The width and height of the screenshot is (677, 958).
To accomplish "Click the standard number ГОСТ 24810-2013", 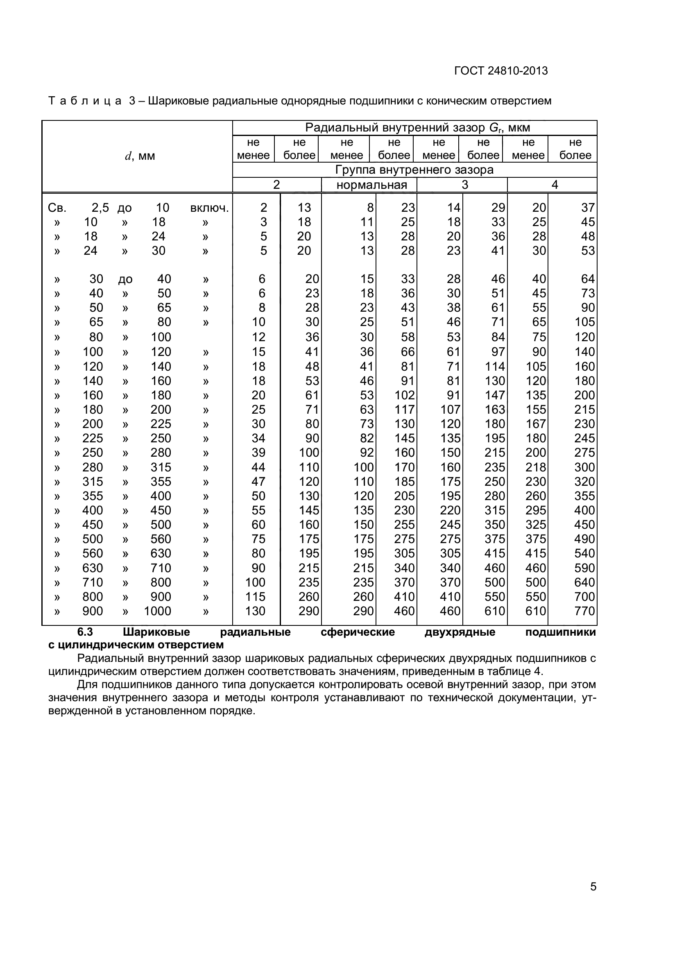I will (x=500, y=71).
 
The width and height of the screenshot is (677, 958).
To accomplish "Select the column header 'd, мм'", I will (x=140, y=156).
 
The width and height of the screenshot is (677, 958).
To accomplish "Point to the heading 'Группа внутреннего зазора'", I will (x=414, y=170).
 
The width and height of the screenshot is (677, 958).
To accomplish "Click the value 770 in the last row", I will (x=584, y=611).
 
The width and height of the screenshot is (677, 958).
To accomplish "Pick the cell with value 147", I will (x=495, y=395).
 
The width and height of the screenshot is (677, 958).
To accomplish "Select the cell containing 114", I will (x=495, y=366).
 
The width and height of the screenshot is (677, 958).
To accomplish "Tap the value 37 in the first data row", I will (x=588, y=208).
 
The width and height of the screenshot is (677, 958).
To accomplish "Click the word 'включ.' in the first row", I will (x=209, y=208).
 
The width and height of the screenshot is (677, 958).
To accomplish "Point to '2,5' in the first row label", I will (x=100, y=208).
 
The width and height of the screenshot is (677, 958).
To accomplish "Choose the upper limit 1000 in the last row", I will (x=158, y=611).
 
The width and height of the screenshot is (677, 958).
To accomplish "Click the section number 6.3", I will (x=85, y=632).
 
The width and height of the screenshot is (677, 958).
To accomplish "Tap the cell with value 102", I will (x=405, y=395).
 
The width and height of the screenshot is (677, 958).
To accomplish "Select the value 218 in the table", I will (x=536, y=467).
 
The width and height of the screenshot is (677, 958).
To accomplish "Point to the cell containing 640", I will (x=584, y=582).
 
